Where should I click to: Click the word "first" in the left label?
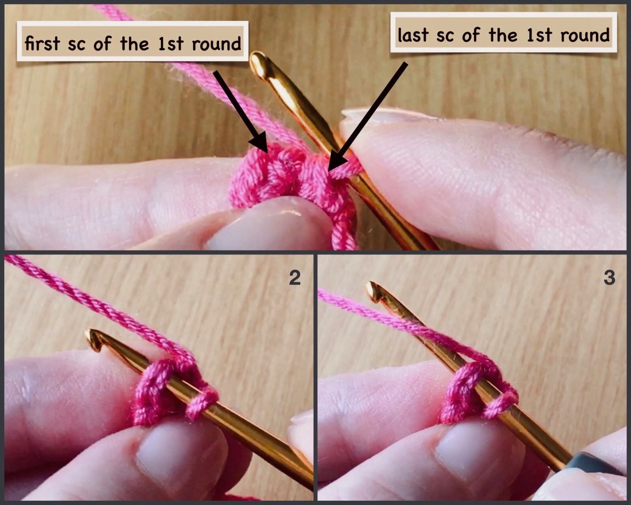tap(42, 43)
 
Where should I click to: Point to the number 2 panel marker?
tap(295, 278)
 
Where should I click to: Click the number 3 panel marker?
tap(609, 278)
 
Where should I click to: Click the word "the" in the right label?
tap(502, 35)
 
